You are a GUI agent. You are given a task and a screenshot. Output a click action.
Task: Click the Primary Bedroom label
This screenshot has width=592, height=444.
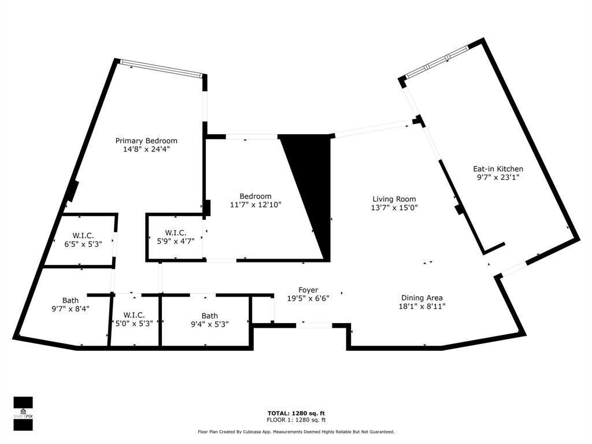[146, 140]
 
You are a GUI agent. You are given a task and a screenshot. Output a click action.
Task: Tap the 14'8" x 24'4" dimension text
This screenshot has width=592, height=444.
[146, 149]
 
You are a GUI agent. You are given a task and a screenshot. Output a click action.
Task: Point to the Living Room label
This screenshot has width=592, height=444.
[394, 199]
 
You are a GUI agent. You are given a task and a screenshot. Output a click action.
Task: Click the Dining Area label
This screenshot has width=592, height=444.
[422, 298]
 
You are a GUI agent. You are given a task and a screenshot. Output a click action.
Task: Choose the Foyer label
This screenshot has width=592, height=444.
[309, 290]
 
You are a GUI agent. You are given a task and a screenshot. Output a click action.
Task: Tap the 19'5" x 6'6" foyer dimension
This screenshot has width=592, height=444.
[309, 298]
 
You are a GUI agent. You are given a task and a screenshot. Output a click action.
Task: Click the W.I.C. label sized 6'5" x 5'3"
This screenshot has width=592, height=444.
[83, 235]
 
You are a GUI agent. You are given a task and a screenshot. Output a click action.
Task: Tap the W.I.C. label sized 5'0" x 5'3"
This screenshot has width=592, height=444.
[134, 315]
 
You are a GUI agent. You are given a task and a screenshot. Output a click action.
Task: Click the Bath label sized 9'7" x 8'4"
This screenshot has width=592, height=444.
[71, 301]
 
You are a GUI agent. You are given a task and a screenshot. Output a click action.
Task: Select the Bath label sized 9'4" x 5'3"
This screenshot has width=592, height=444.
[210, 316]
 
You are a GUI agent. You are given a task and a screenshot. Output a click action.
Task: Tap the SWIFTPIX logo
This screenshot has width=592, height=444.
[23, 413]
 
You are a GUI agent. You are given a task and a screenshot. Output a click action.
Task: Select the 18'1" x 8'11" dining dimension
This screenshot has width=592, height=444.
[422, 306]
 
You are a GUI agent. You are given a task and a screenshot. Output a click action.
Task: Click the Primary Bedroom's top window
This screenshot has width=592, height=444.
[161, 68]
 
